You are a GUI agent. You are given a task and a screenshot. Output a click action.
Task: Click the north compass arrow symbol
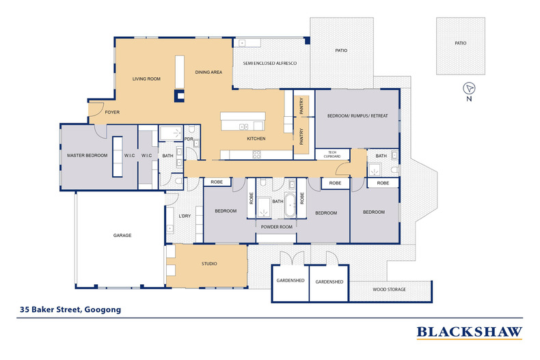pyautogui.click(x=469, y=88)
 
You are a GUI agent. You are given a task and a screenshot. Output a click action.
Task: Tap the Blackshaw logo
pyautogui.click(x=470, y=333)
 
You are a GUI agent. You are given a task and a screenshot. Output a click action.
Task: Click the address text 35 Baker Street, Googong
pyautogui.click(x=70, y=309)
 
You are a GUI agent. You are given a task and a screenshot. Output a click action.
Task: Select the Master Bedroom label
pyautogui.click(x=87, y=156)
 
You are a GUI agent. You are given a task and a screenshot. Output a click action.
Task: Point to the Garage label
pyautogui.click(x=122, y=236)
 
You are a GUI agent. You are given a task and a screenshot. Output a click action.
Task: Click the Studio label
pyautogui.click(x=209, y=264)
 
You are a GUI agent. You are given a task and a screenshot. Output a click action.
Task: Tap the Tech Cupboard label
pyautogui.click(x=332, y=154)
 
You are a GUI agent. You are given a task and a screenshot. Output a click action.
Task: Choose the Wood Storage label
pyautogui.click(x=389, y=290)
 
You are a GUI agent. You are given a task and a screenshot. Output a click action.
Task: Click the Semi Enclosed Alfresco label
pyautogui.click(x=270, y=64)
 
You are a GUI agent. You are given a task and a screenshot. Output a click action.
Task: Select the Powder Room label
pyautogui.click(x=277, y=227)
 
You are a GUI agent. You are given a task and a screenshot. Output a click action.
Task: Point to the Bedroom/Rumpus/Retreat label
pyautogui.click(x=357, y=116)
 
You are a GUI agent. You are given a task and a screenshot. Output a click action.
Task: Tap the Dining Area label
pyautogui.click(x=208, y=72)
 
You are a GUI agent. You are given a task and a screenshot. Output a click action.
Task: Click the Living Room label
pyautogui.click(x=146, y=79)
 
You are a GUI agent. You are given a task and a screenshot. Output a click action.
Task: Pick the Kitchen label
pyautogui.click(x=256, y=139)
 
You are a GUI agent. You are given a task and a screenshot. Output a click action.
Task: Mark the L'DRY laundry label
pyautogui.click(x=185, y=216)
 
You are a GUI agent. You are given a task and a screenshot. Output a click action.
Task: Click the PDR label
pyautogui.click(x=189, y=139)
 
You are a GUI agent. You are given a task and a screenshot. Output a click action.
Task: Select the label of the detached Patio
pyautogui.click(x=461, y=43)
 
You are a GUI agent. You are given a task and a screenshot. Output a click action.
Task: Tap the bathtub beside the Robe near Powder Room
pyautogui.click(x=290, y=205)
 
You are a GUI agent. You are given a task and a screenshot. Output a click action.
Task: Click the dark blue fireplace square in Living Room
pyautogui.click(x=179, y=96)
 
